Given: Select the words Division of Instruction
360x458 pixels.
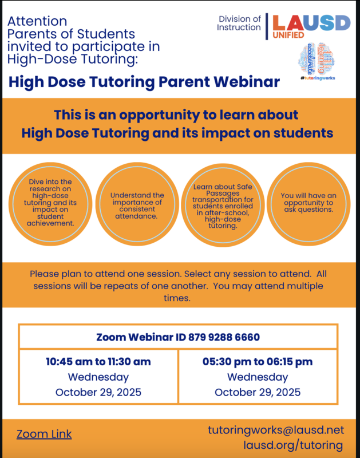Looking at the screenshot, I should coord(240,23).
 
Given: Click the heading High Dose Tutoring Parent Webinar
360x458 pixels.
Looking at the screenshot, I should coord(144,82).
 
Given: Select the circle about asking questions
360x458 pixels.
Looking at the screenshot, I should coord(307,202).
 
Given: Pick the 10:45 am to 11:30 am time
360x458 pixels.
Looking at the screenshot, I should coord(98,362).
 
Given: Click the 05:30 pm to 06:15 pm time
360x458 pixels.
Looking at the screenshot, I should coord(258,362).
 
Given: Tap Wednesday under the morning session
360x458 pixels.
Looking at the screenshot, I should coord(98,377).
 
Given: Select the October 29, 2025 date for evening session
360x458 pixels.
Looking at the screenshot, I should coord(258,392).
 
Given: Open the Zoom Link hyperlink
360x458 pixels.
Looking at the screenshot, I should coord(44,434).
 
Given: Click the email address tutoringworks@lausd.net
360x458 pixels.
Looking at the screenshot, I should coord(275,429).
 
